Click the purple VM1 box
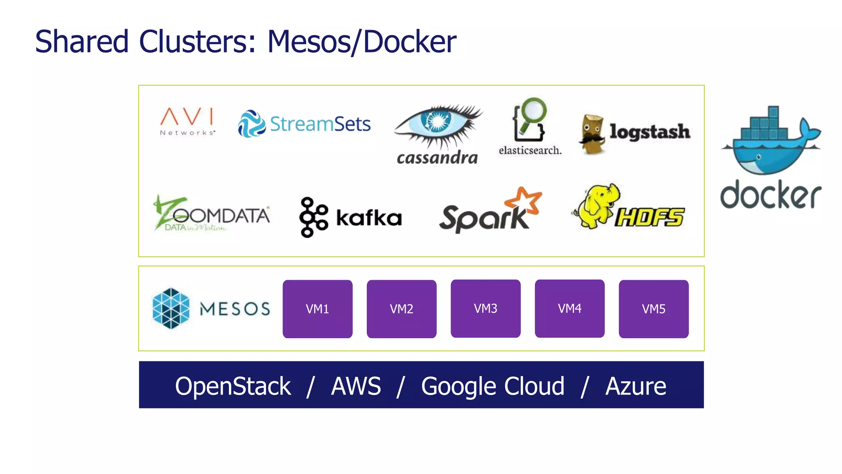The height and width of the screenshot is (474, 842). coord(317,309)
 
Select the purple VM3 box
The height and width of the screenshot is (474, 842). coord(486,309)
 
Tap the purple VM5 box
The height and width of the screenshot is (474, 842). coord(653,309)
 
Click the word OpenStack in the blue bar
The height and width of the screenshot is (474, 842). coord(233,386)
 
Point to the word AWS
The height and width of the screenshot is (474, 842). coord(356,386)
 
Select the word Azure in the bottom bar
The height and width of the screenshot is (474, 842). coord(636,386)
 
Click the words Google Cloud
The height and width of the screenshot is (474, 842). coord(493,386)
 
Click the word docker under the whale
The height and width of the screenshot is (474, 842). coord(770,195)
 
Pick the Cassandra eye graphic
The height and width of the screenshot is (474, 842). coord(437,123)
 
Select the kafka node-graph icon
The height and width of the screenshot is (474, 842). coord(313,217)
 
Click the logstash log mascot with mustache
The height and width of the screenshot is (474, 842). coord(592,134)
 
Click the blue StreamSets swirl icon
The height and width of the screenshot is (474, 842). coord(252,123)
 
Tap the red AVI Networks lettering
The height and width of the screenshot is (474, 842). coord(187,116)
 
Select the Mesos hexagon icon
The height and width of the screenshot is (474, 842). coord(171,309)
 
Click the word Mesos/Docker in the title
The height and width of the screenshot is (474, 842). coord(361,42)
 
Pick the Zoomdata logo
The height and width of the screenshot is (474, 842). coord(211,214)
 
